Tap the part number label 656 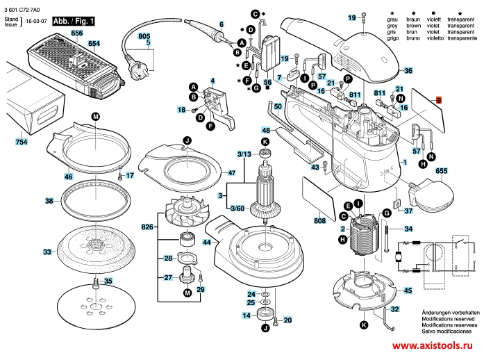click(77, 33)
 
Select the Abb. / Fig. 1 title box click(73, 22)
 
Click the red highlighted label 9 click(438, 101)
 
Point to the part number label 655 click(460, 170)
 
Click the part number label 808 click(319, 221)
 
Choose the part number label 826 click(147, 227)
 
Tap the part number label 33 click(47, 252)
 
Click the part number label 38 click(49, 201)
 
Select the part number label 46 click(68, 177)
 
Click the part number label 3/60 click(237, 208)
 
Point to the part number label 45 click(408, 290)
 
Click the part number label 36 click(408, 71)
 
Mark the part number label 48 click(266, 131)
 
